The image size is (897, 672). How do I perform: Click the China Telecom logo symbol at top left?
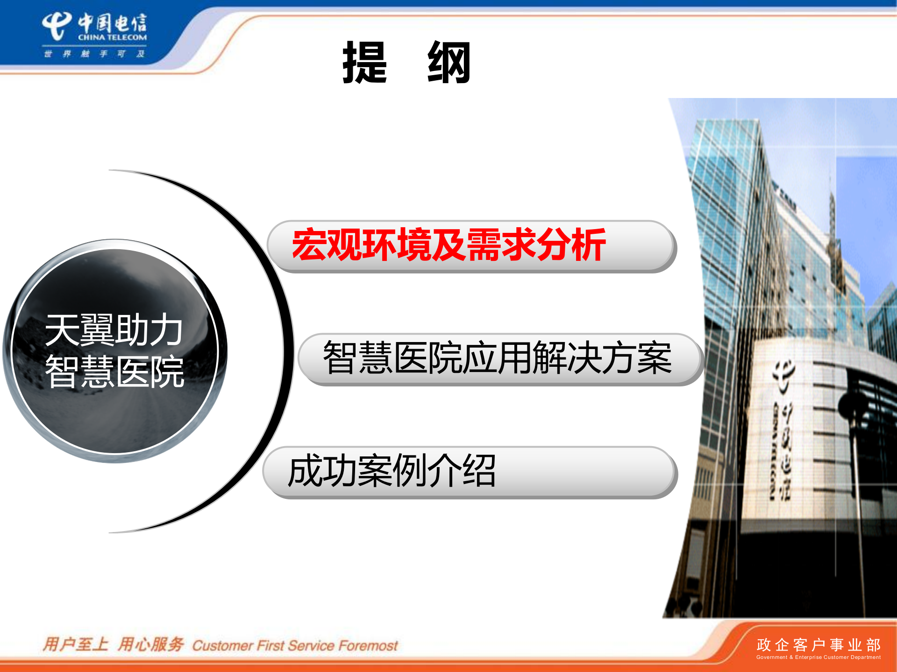click(x=56, y=26)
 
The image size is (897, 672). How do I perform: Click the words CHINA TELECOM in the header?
click(x=112, y=37)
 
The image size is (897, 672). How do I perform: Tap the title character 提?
click(x=364, y=63)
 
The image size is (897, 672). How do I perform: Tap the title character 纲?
click(x=449, y=63)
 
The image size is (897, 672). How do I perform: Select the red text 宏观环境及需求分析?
click(x=448, y=245)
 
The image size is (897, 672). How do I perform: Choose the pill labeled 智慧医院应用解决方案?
click(x=498, y=358)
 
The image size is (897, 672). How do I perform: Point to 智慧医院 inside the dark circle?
click(x=114, y=371)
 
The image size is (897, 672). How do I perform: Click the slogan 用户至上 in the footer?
click(x=75, y=644)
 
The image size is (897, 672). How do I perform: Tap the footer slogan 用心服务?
click(x=150, y=644)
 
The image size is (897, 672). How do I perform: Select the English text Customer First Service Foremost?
click(x=295, y=645)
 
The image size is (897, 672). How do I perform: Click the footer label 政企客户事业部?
click(x=818, y=645)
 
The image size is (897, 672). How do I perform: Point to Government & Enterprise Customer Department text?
click(x=818, y=657)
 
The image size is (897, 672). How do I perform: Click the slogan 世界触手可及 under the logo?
click(x=94, y=54)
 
